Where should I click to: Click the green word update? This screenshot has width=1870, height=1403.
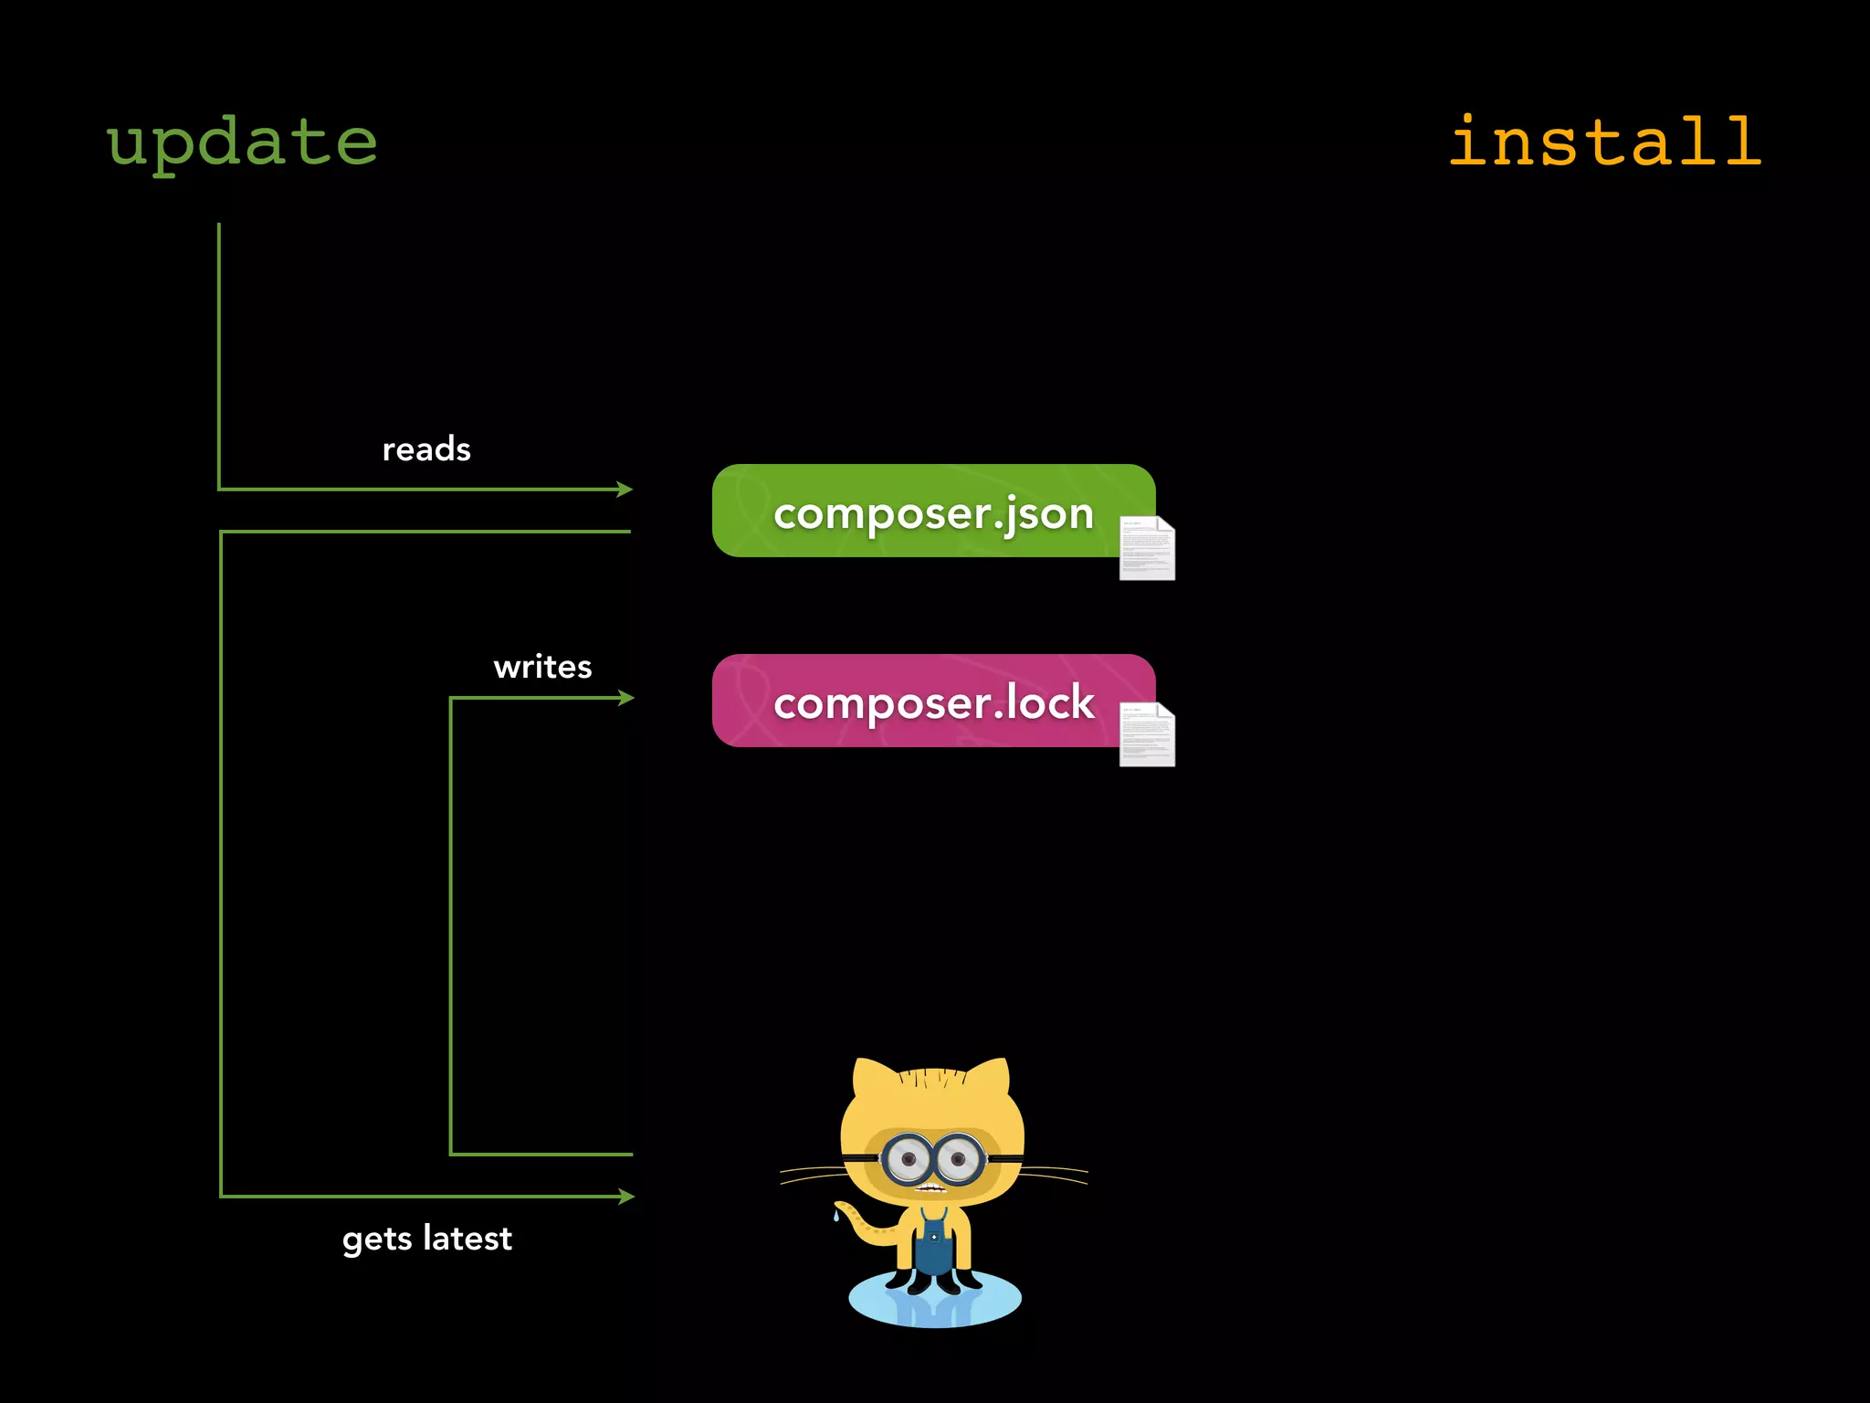click(x=242, y=143)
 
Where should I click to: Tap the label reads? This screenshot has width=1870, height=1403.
click(x=426, y=449)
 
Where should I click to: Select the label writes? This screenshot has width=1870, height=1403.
click(x=542, y=667)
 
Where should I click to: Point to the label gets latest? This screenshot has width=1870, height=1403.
click(x=427, y=1239)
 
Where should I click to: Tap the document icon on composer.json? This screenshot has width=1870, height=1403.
click(x=1147, y=548)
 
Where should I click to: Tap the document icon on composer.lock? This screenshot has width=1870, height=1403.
click(x=1147, y=734)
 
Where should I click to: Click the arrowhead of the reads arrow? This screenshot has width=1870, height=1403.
click(x=625, y=490)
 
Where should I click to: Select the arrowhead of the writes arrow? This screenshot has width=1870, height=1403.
click(x=626, y=698)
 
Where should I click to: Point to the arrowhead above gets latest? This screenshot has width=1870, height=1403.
click(x=626, y=1197)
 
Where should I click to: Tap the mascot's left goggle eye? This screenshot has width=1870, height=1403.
click(x=908, y=1160)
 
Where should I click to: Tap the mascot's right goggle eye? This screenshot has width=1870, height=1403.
click(x=959, y=1160)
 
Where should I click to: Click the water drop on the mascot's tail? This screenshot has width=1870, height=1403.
click(x=835, y=1216)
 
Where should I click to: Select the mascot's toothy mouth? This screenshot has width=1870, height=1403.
click(x=930, y=1189)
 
